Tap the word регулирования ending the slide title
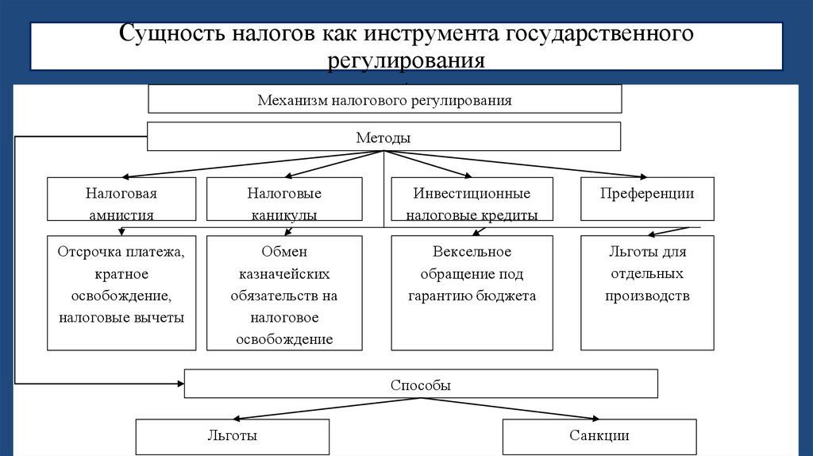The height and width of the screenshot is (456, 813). (406, 61)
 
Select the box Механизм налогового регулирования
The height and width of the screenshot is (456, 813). (384, 100)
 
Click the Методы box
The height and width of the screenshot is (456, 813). (383, 137)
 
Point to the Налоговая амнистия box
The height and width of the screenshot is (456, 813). (121, 199)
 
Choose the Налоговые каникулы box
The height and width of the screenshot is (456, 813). (284, 199)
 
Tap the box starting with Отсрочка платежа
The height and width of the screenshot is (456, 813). (121, 292)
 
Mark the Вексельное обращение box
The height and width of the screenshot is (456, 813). (472, 292)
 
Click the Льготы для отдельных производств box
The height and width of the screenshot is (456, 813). (647, 292)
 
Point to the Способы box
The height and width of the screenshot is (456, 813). (421, 385)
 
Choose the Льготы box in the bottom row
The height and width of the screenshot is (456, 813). (232, 436)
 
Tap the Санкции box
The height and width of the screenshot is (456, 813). (599, 436)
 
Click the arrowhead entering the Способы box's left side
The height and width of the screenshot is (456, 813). (179, 384)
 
